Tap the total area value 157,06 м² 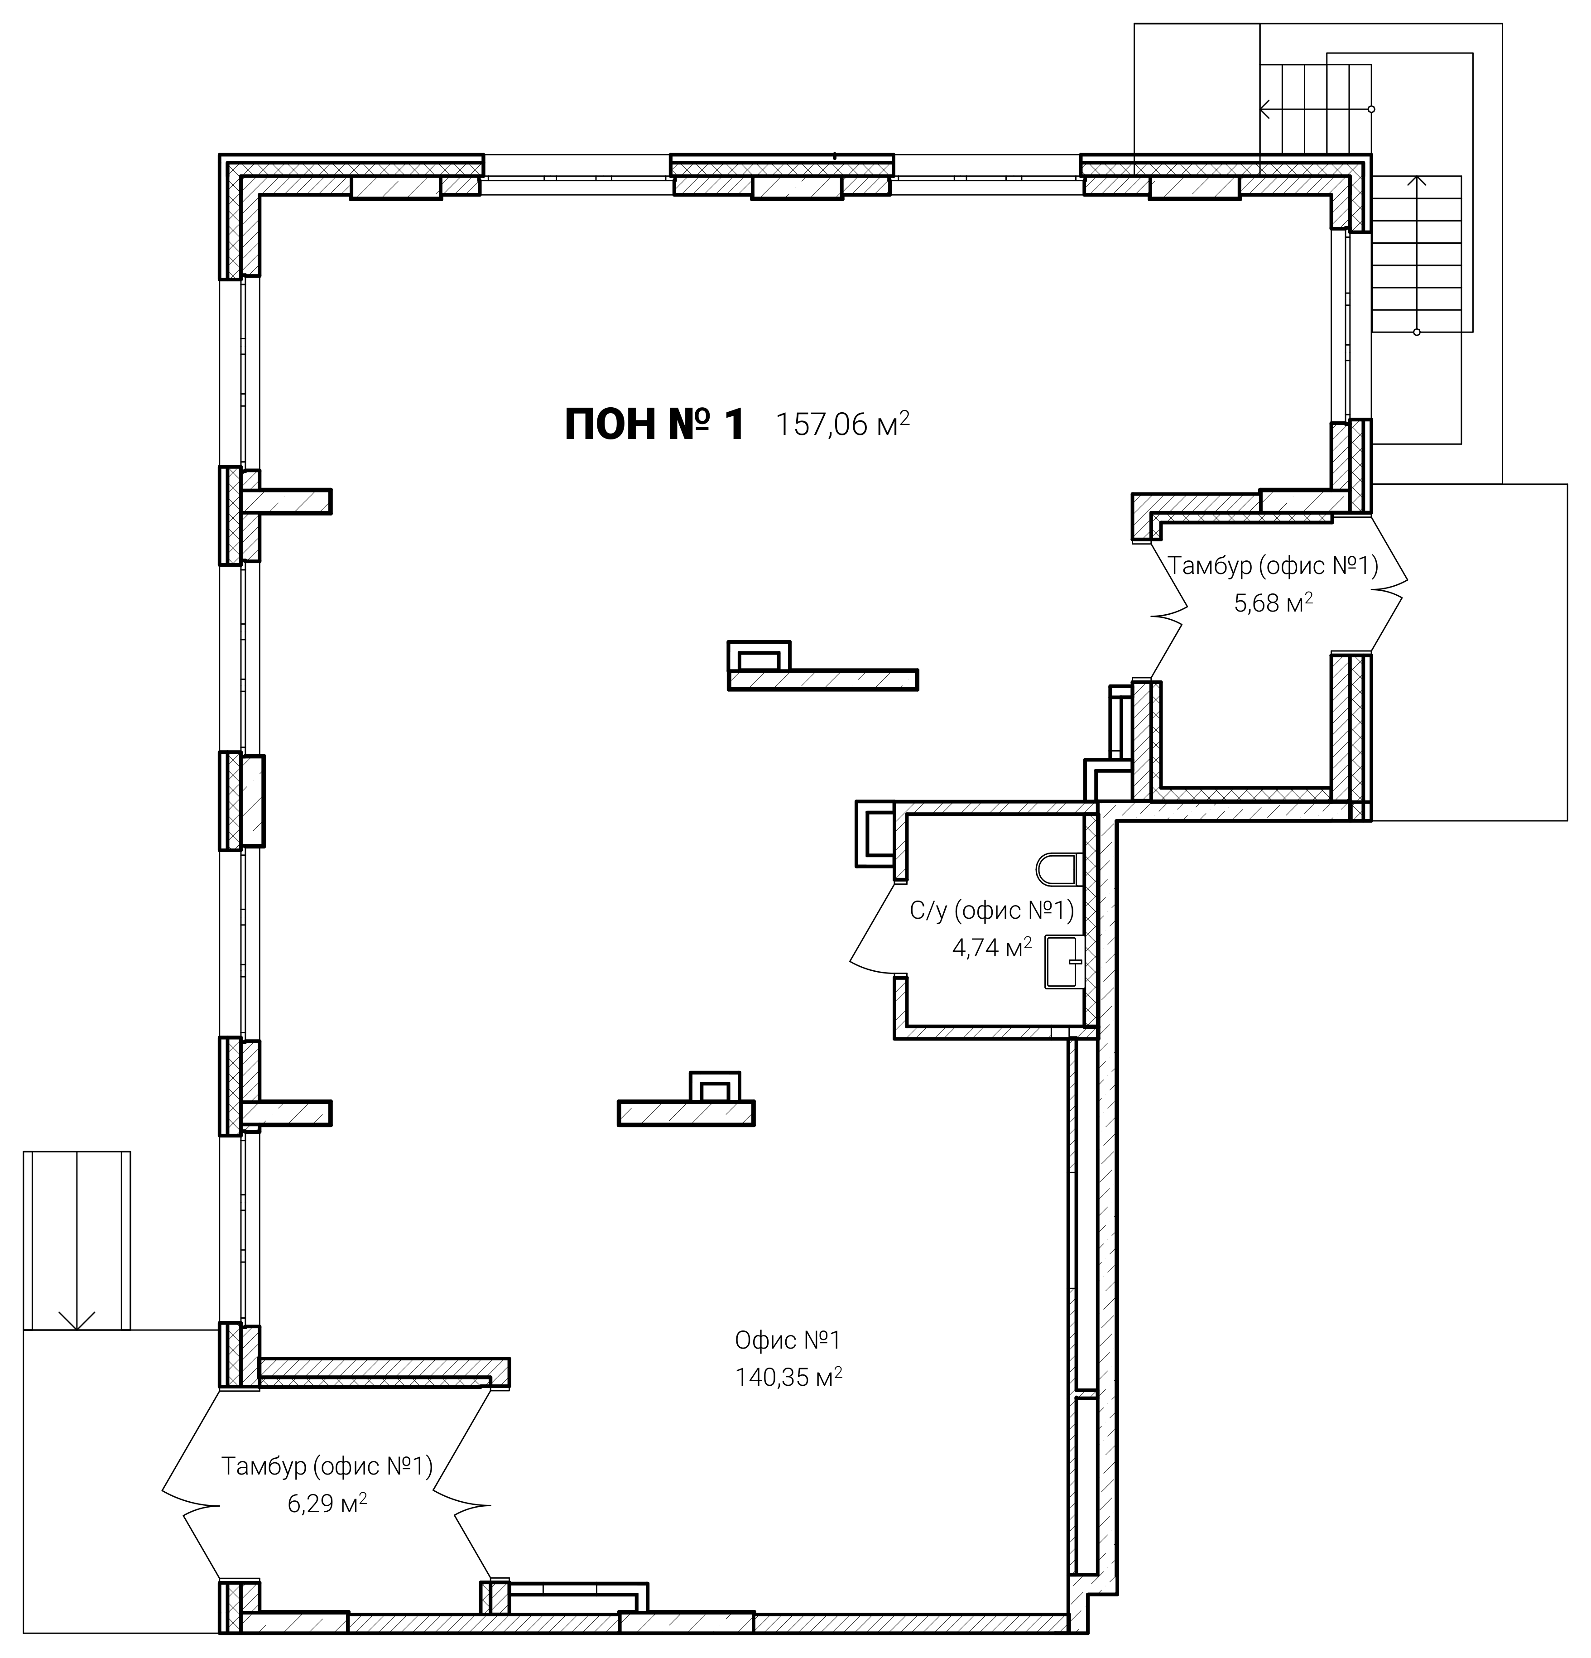click(x=842, y=423)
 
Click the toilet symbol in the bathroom click(x=1057, y=869)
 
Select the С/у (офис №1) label click(x=991, y=910)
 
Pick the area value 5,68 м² click(x=1273, y=603)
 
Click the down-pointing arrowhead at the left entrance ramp click(x=77, y=1320)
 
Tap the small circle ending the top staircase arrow click(x=1371, y=109)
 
